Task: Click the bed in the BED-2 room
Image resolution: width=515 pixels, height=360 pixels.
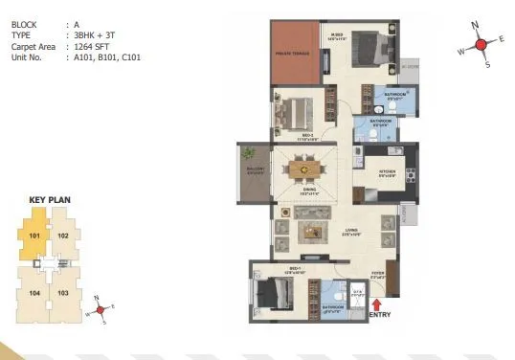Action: tap(298, 112)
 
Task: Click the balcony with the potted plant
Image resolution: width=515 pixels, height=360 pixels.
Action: tap(254, 172)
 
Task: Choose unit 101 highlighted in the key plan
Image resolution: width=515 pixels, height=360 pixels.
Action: tap(33, 236)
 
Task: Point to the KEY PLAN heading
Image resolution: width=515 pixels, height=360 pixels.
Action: tap(50, 200)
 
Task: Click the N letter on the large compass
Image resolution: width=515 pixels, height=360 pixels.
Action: tap(475, 25)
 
